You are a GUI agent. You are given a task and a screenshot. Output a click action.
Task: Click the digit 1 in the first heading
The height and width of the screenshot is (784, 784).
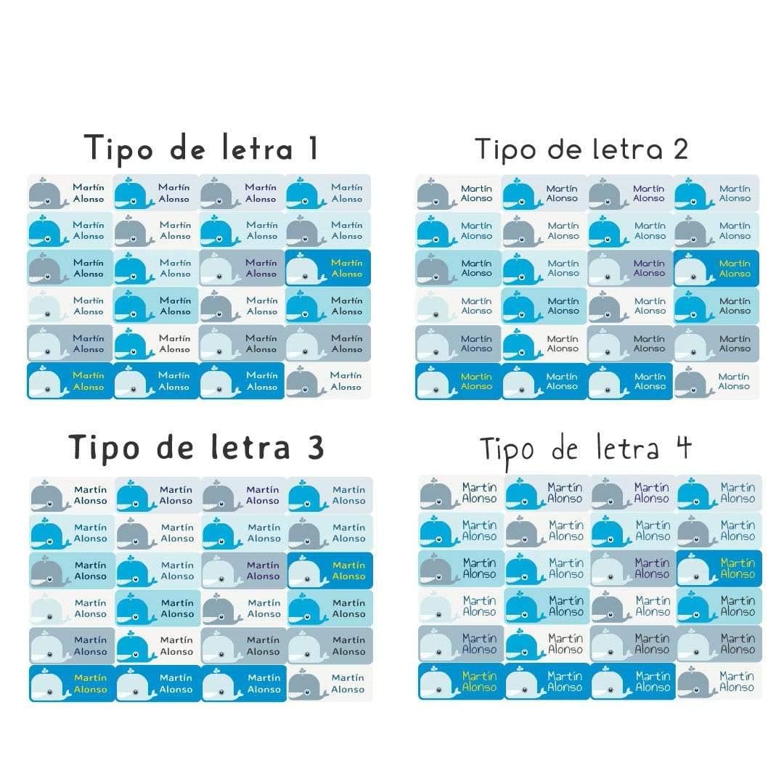[313, 148]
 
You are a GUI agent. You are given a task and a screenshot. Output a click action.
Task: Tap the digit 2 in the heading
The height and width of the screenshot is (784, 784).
[680, 149]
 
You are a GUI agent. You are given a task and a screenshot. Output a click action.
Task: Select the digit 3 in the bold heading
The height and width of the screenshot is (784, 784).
[316, 447]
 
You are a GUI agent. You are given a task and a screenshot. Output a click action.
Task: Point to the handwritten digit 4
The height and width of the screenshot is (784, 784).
[684, 446]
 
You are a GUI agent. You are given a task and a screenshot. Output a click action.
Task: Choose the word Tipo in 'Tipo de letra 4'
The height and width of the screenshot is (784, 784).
[507, 451]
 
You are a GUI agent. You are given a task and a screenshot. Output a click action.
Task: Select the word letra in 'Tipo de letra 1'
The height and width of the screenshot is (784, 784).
[257, 148]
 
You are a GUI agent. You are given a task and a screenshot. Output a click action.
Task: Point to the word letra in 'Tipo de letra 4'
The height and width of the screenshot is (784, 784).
[628, 447]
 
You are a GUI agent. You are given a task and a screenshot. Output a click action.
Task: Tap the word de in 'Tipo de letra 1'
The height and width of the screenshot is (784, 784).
[187, 149]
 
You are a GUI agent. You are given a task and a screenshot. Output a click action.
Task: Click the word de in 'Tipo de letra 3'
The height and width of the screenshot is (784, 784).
[175, 447]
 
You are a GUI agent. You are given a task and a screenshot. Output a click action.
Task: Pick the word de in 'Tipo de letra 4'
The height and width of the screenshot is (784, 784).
[565, 449]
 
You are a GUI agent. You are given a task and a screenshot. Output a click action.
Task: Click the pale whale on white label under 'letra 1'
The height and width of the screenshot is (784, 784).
[47, 306]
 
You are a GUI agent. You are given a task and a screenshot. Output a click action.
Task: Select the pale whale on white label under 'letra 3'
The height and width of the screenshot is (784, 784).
[49, 608]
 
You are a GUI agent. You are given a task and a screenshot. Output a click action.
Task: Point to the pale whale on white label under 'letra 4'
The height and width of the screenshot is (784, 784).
[438, 606]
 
